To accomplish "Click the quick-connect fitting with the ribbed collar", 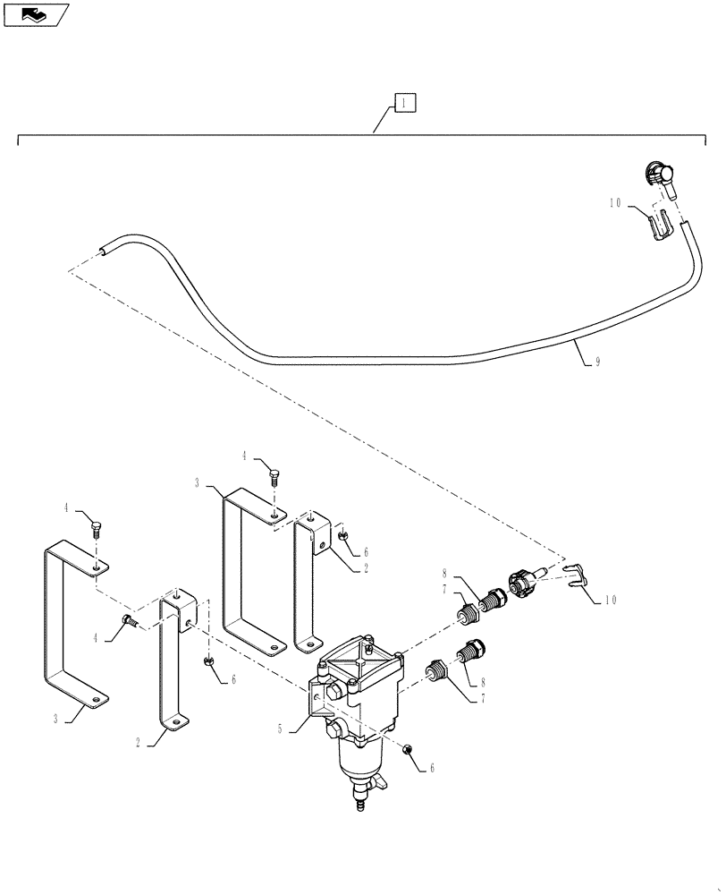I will [523, 583].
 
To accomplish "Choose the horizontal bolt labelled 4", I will [130, 620].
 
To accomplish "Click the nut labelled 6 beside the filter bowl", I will [408, 748].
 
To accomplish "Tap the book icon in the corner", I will [34, 13].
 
